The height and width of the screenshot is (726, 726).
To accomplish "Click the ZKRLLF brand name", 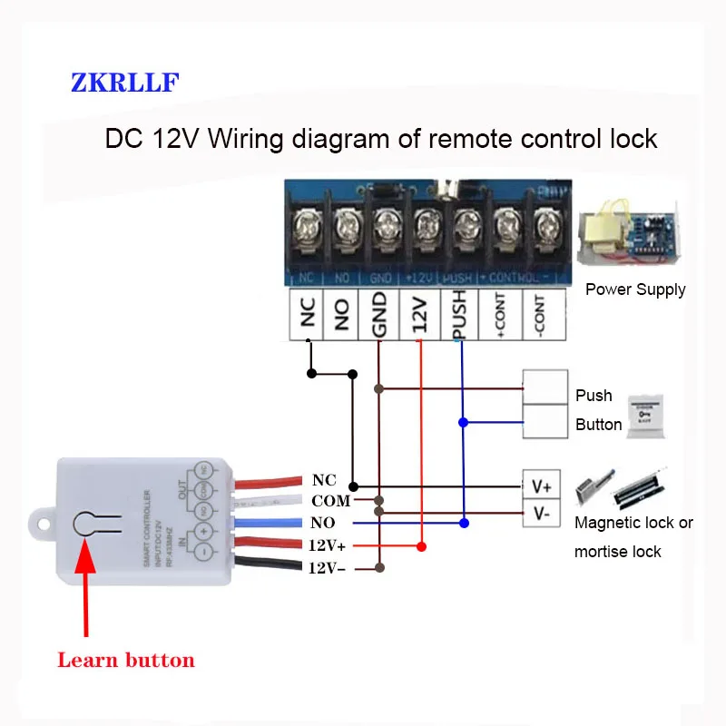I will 125,83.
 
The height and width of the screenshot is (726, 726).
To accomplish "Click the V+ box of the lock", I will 542,486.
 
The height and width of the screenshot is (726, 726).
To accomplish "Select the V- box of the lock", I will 542,514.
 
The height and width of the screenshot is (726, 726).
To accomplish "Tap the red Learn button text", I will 126,660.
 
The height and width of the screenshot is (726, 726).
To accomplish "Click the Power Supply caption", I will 635,289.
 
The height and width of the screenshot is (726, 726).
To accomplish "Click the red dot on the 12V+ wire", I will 420,546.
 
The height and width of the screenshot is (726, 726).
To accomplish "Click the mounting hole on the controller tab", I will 41,524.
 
